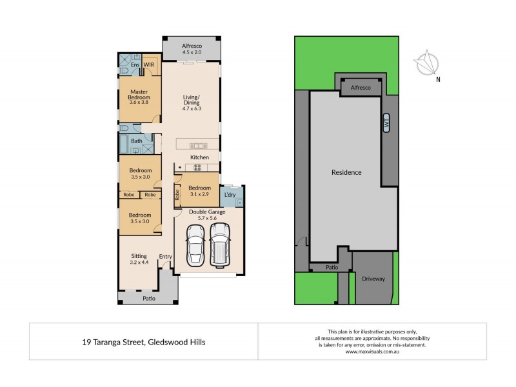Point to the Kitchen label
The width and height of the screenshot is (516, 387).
coord(199,157)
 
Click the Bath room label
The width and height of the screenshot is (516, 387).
coord(137,141)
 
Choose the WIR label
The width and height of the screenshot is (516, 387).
coord(148,65)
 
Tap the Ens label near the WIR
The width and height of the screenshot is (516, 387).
coord(135,65)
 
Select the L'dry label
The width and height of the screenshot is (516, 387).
coord(230,195)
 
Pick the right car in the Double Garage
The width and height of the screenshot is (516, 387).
coord(220,245)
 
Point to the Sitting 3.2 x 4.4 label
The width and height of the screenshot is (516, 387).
coord(139,259)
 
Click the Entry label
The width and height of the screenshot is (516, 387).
coord(166,257)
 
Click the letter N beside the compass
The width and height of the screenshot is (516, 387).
coord(438,80)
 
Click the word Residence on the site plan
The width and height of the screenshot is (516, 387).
coord(346,172)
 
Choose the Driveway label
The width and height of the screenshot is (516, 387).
coord(373,279)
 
